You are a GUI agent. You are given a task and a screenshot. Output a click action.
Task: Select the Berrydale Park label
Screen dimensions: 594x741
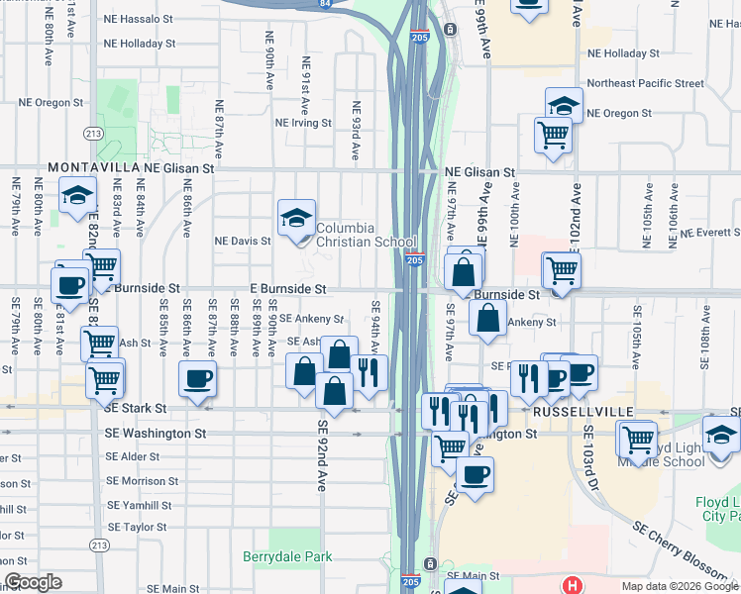[x=287, y=557]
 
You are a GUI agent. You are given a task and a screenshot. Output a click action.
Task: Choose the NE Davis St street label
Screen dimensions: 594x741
[x=243, y=241]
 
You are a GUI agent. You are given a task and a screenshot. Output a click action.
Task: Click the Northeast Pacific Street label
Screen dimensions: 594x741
[x=645, y=84]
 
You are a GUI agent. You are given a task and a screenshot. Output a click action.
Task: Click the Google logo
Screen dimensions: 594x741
[x=32, y=583]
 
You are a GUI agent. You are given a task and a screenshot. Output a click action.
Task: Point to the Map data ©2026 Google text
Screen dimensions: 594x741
[x=680, y=586]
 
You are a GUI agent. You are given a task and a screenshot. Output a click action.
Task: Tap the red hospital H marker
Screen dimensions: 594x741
[x=571, y=585]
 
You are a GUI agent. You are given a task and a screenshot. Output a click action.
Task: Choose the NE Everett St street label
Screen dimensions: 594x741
[x=706, y=233]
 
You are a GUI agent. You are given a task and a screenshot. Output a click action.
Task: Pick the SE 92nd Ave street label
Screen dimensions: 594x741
[x=322, y=455]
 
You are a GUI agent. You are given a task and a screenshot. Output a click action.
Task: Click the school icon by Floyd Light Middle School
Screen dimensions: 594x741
[x=720, y=434]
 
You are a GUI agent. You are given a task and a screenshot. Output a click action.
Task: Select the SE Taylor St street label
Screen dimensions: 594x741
[x=137, y=528]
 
